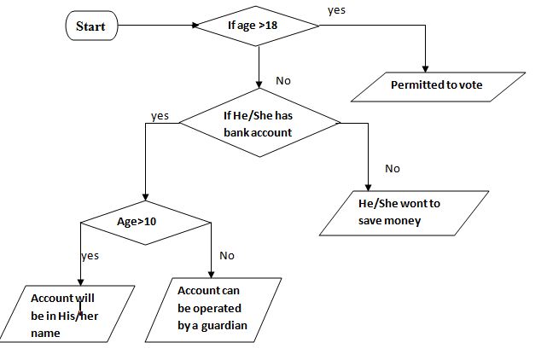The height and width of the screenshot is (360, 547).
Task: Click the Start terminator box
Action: pos(91,26)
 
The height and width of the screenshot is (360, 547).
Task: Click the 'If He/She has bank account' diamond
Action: pos(258,125)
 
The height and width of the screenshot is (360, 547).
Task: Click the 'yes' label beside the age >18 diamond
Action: pos(337,9)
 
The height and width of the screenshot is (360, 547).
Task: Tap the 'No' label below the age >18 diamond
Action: pos(284,80)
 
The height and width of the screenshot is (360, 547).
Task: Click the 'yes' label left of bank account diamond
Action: pos(160,114)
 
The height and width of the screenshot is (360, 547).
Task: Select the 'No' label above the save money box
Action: pos(393,168)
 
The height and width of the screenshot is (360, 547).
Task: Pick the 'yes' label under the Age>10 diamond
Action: pos(90,256)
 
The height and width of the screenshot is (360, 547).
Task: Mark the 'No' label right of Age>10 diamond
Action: pos(227,255)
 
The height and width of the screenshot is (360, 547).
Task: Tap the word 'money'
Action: pos(403,221)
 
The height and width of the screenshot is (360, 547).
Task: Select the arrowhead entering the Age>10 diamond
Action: pos(146,200)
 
